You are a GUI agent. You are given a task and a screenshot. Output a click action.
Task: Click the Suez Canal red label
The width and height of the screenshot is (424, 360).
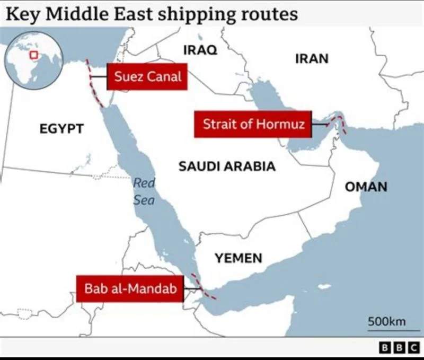coord(147,76)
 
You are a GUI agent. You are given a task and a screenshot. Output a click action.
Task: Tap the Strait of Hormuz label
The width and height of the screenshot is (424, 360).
coord(254,125)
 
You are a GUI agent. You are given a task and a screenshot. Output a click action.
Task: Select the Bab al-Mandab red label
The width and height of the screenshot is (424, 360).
coord(130,289)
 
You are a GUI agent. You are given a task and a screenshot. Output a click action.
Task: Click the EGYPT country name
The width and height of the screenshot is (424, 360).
coord(61,128)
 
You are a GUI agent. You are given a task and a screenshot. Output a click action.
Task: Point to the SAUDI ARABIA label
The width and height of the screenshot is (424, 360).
coord(227,166)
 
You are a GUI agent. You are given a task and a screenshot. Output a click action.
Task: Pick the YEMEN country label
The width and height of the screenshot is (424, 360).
coord(238,258)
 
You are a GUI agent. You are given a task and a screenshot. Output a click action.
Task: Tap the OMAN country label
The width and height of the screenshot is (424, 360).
coord(366,187)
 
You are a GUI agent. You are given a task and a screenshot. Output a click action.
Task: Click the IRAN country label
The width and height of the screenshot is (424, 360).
coord(312,58)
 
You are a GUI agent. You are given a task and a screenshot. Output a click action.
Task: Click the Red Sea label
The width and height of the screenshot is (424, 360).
coord(144,192)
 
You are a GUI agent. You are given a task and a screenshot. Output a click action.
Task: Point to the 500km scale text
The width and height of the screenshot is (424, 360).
coord(386,321)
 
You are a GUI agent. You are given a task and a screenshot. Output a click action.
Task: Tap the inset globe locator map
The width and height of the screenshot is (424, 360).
coord(30,62)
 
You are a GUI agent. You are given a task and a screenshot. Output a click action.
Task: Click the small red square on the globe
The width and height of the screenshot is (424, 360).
coord(34,55)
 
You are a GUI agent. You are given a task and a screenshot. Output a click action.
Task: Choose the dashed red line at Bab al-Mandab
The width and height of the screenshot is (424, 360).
coord(203,288)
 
